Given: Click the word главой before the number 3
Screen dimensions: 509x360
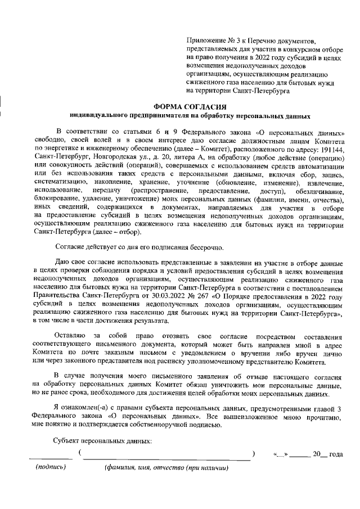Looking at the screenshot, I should coord(321,408).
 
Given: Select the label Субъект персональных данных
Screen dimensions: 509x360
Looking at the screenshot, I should coord(103,441).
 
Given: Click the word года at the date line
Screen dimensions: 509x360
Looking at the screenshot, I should coord(336,454).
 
